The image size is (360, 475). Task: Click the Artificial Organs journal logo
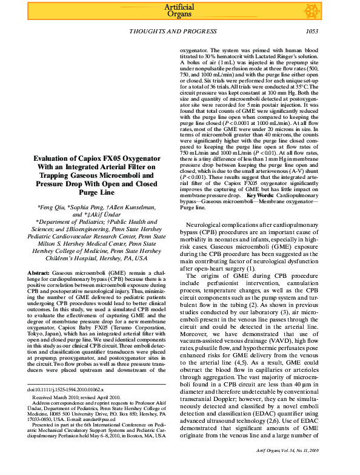179,10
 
